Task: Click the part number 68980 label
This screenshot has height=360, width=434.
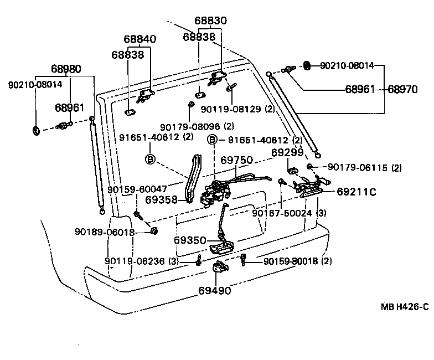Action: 66,70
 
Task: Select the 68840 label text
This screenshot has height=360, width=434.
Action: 139,40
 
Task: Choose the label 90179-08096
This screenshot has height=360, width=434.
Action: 190,126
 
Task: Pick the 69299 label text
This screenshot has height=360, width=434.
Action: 287,152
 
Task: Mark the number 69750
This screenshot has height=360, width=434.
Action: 236,161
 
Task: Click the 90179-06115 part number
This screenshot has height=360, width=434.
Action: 358,167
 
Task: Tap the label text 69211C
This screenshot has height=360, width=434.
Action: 356,192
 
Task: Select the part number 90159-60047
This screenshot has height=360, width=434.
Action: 137,189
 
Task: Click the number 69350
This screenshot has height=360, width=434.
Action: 190,240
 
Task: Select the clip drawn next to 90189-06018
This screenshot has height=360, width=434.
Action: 153,230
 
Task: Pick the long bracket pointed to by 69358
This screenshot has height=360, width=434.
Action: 193,177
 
